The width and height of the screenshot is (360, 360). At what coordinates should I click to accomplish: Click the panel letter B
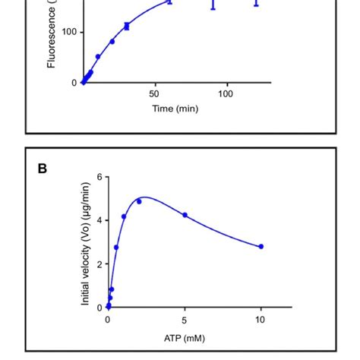point(43,168)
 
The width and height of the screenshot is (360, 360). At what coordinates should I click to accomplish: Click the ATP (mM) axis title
point(185,338)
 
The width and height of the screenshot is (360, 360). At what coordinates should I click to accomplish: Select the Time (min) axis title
point(175,109)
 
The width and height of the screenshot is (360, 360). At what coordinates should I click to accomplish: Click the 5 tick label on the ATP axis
point(185,320)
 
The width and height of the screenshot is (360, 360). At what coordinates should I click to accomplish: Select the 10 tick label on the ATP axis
point(261,320)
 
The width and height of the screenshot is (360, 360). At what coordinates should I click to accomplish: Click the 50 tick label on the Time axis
point(154,93)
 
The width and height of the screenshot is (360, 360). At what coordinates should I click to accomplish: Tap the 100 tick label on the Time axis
point(226,93)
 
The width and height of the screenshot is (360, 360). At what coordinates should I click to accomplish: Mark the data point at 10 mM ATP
point(261,246)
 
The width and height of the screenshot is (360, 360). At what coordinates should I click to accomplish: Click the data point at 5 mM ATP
point(185,215)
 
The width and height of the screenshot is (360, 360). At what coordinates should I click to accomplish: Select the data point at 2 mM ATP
point(139,201)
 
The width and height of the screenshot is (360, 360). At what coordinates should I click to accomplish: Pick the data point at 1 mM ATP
point(124,216)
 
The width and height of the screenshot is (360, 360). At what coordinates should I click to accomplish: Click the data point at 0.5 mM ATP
point(116,248)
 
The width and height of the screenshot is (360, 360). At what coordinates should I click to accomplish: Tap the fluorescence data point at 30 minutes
point(126,27)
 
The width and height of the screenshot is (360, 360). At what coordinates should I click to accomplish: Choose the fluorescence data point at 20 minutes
point(112,41)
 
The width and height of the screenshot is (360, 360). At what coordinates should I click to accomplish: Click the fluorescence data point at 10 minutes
point(98,57)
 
